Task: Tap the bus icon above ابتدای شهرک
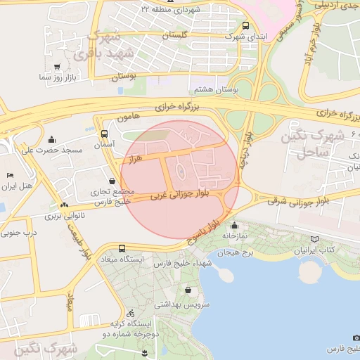245,25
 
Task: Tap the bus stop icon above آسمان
105,134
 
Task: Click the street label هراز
135,160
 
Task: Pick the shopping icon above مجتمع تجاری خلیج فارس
112,181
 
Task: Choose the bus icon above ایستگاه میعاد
122,248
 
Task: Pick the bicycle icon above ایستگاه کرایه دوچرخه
129,313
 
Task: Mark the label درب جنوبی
20,231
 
